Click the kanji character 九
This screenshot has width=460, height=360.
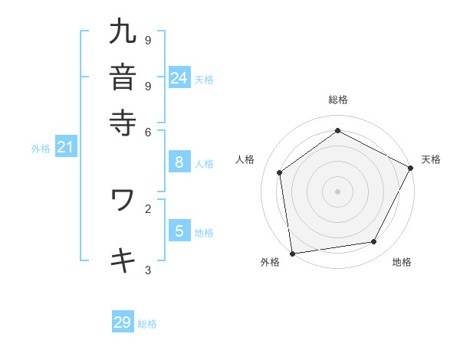123,32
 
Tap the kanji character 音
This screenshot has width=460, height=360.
123,77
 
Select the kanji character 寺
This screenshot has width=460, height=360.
123,122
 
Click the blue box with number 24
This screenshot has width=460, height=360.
179,77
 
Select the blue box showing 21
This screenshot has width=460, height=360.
64,147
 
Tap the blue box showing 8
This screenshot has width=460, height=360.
179,162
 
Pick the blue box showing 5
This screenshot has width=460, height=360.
179,231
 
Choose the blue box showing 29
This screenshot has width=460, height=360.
123,322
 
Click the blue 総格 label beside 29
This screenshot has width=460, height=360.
147,324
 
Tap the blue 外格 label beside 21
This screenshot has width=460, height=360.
40,149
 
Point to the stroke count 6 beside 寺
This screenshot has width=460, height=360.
148,131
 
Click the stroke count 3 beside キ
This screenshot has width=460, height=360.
148,270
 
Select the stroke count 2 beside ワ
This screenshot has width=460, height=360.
148,208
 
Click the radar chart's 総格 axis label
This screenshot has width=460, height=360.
337,100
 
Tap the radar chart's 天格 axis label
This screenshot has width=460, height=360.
431,159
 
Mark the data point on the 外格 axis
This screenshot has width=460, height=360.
292,253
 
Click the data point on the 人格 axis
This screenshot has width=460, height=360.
280,172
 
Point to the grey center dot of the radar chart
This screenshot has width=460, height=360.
337,191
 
